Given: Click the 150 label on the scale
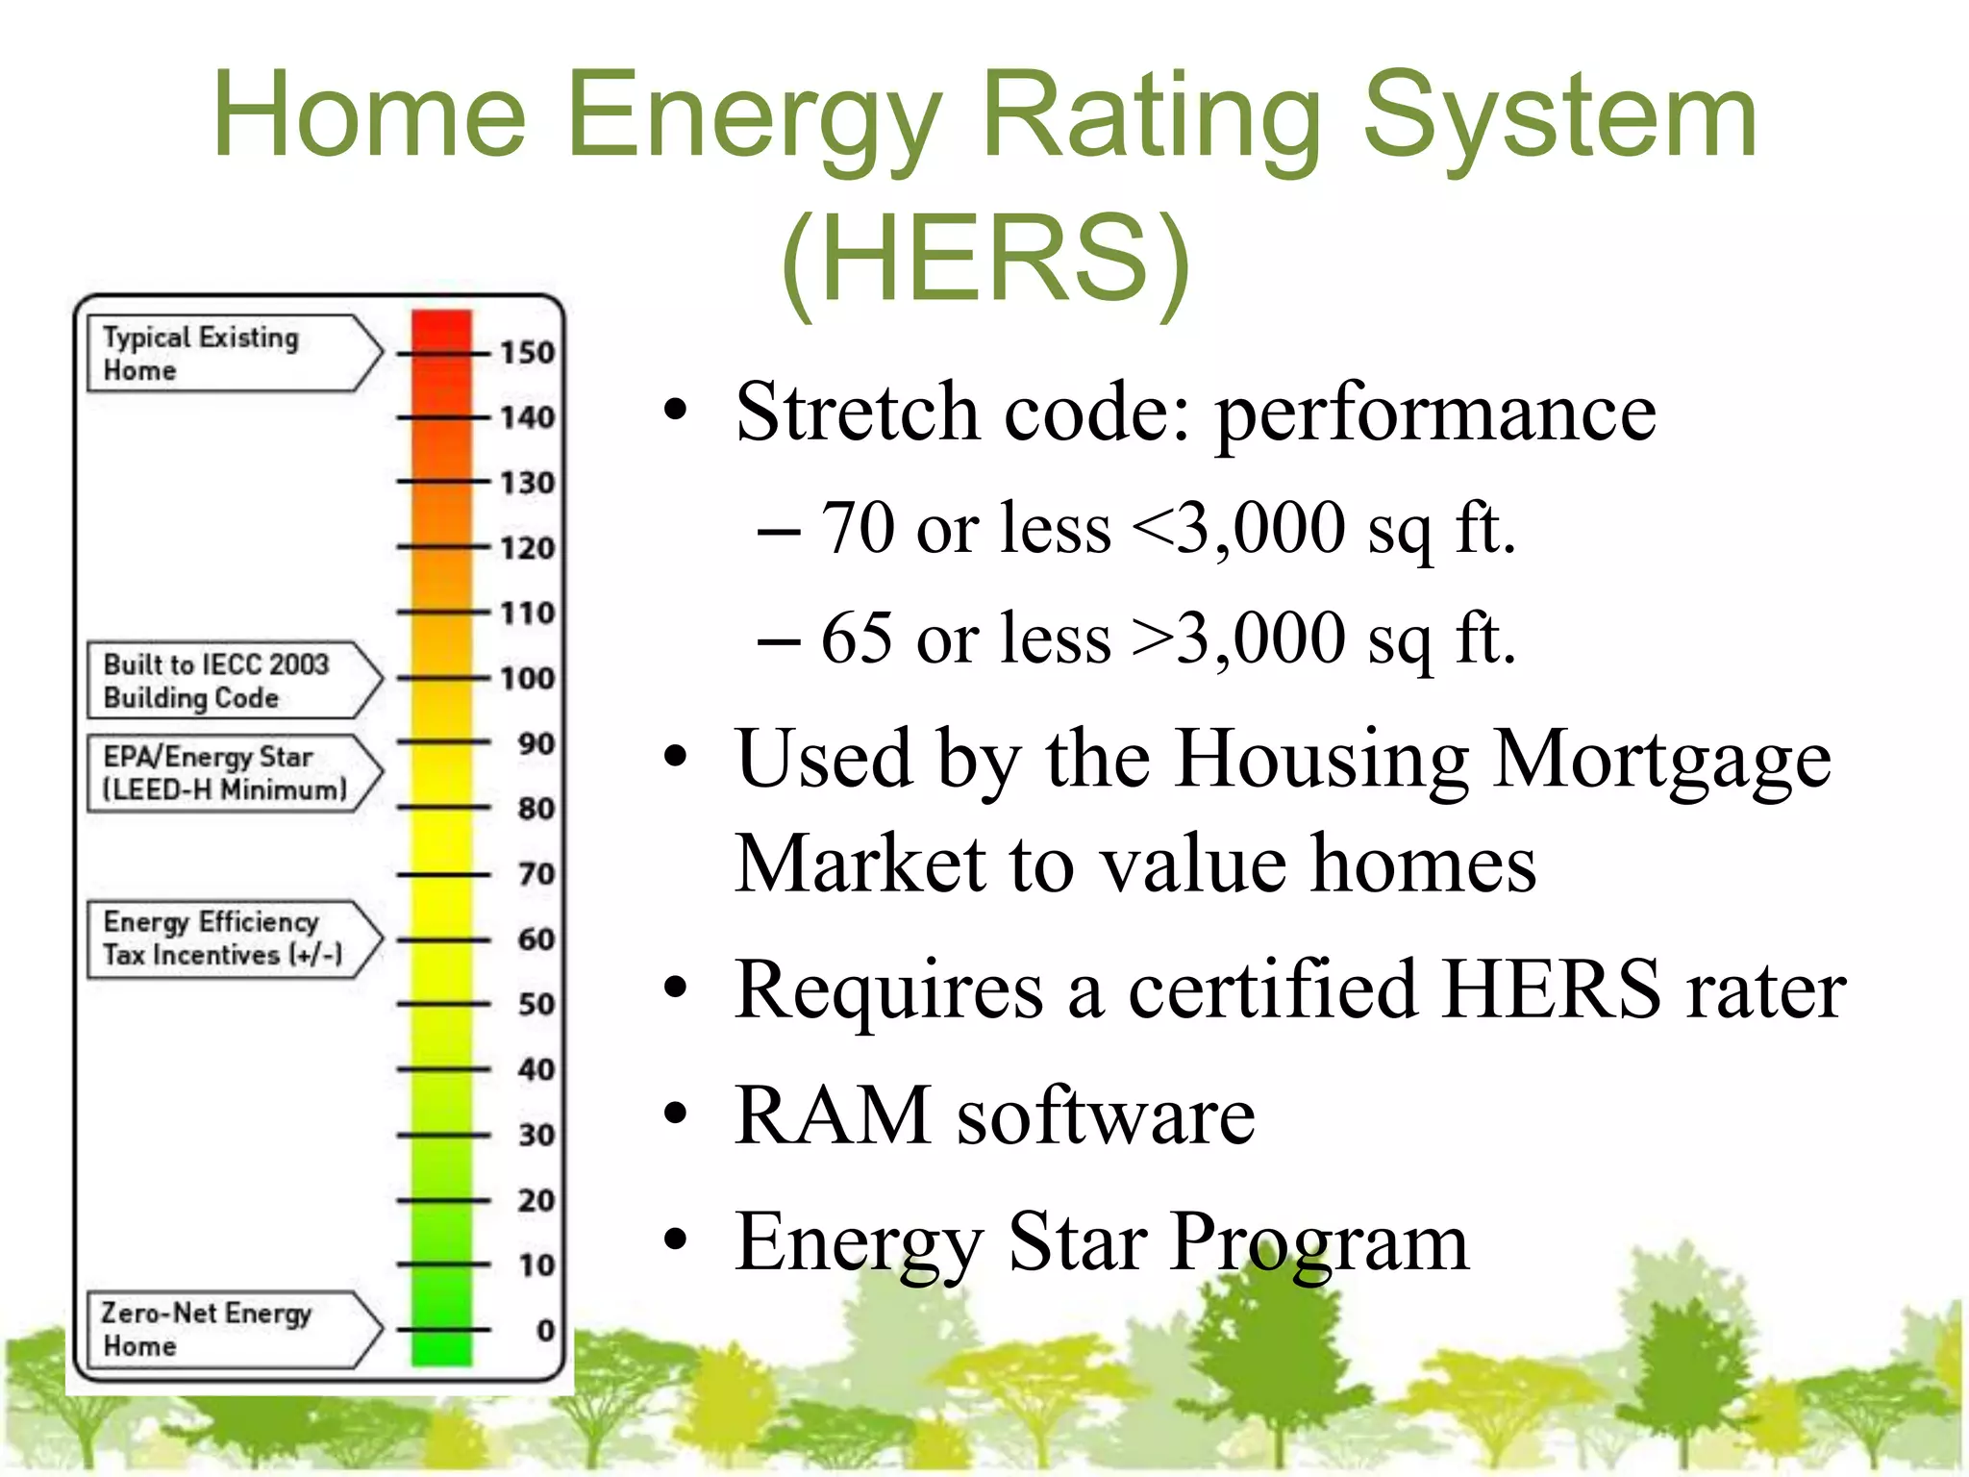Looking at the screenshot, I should [x=527, y=353].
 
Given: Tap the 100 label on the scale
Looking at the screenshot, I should [x=527, y=679].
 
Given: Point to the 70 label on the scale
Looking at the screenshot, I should [x=536, y=874].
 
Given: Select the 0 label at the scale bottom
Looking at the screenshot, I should [x=545, y=1330].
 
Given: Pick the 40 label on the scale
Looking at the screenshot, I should [x=536, y=1069].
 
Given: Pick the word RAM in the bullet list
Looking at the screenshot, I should [x=833, y=1115].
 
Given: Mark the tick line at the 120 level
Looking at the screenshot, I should [x=443, y=547].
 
